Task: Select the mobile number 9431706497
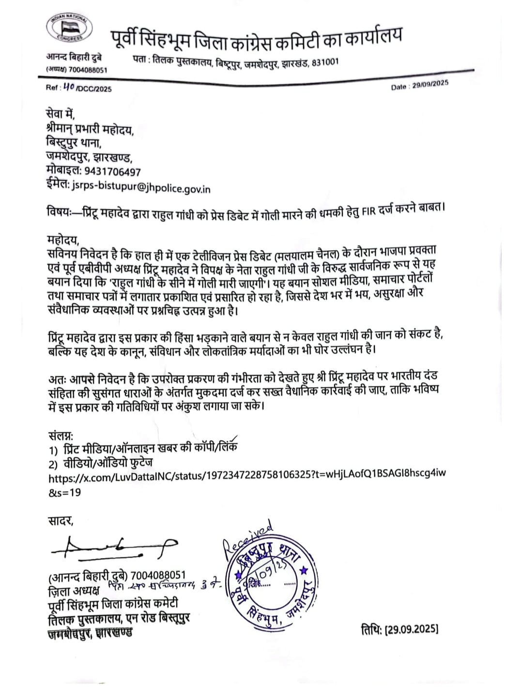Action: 113,172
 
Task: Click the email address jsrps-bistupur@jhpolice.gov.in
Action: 141,188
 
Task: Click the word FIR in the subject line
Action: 369,211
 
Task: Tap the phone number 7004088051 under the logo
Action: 88,70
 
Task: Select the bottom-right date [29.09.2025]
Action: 400,629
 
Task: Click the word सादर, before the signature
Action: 61,521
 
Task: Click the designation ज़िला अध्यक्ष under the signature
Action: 74,591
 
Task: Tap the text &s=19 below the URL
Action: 64,492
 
